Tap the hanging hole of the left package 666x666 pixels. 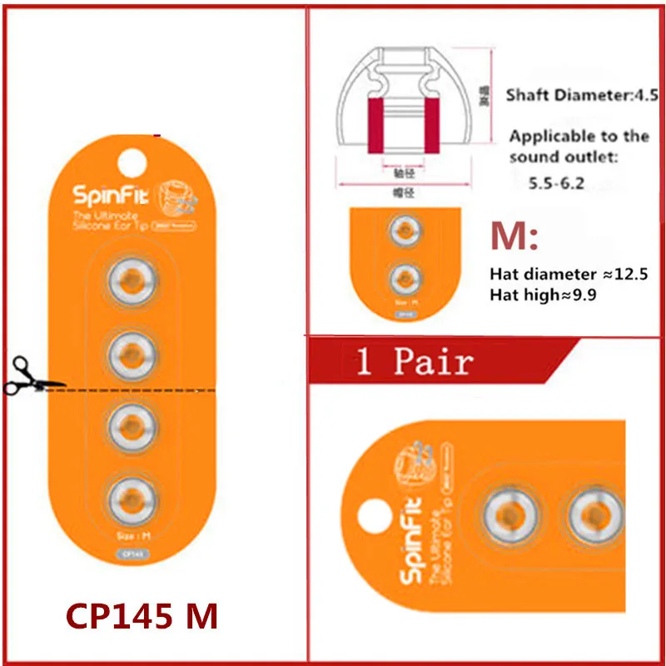pos(132,162)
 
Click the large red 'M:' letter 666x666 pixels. pos(514,238)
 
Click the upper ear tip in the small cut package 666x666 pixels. pos(405,231)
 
